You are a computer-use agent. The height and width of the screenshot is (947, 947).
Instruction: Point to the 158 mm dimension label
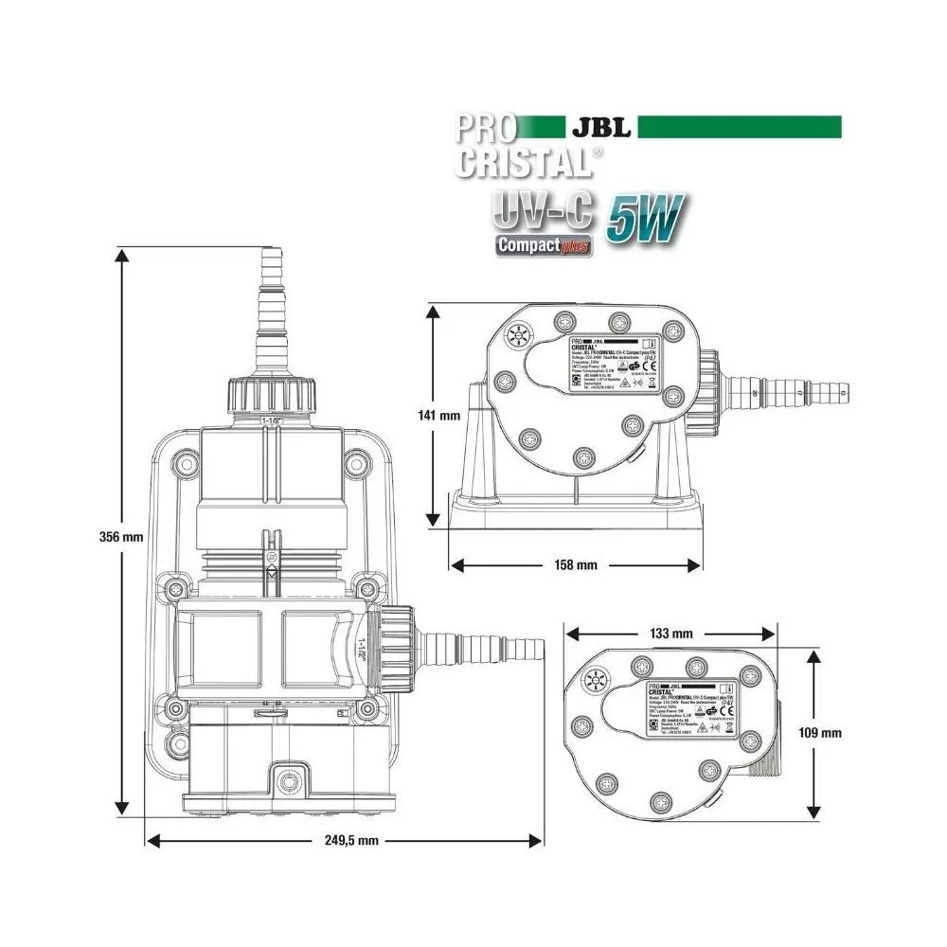pos(576,565)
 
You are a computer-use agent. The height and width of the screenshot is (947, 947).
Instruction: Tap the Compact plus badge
pos(544,245)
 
